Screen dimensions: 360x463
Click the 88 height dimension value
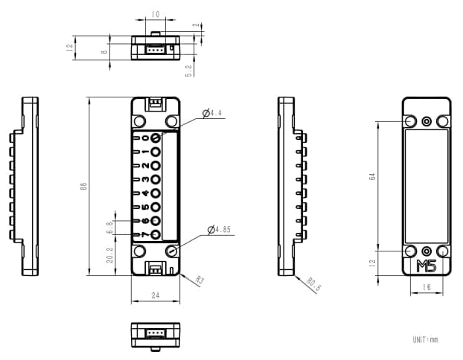click(83, 186)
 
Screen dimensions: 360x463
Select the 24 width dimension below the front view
click(156, 295)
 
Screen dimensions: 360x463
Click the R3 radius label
click(199, 280)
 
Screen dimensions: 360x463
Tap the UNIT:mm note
click(425, 340)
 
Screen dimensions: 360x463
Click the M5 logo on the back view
click(427, 266)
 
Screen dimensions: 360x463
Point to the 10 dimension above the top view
click(155, 14)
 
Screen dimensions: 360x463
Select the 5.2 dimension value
click(190, 70)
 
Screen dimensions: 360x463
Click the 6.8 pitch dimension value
click(109, 228)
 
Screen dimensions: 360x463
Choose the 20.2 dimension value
click(109, 255)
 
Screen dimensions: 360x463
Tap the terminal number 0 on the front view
click(146, 138)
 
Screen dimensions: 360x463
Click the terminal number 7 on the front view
click(146, 235)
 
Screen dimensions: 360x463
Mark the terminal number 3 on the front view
click(146, 179)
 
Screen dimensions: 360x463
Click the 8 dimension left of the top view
click(105, 51)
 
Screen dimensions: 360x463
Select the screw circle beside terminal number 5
click(156, 207)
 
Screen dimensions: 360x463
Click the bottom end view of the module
click(156, 335)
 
